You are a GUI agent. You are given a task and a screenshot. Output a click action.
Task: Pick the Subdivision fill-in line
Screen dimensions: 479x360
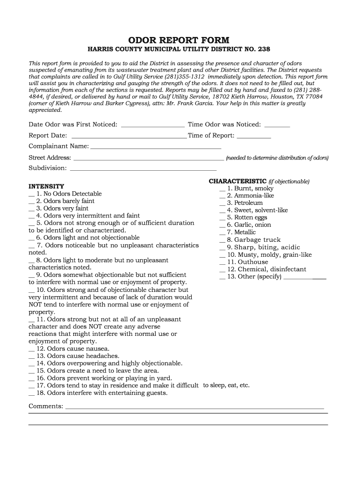pyautogui.click(x=143, y=169)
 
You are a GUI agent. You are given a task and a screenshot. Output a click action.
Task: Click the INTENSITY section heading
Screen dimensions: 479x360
pyautogui.click(x=46, y=186)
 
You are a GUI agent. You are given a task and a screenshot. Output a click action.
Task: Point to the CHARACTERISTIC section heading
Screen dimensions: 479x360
pyautogui.click(x=238, y=181)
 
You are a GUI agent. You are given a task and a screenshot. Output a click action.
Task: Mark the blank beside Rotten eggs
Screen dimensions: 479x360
pyautogui.click(x=222, y=218)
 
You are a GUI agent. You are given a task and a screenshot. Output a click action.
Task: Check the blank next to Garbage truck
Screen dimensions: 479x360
pyautogui.click(x=222, y=240)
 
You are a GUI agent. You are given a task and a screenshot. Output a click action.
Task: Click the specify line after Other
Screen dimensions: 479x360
pyautogui.click(x=305, y=277)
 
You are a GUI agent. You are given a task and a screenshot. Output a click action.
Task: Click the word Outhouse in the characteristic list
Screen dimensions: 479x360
pyautogui.click(x=253, y=262)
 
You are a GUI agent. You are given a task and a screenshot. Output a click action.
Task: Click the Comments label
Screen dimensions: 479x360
pyautogui.click(x=46, y=406)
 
